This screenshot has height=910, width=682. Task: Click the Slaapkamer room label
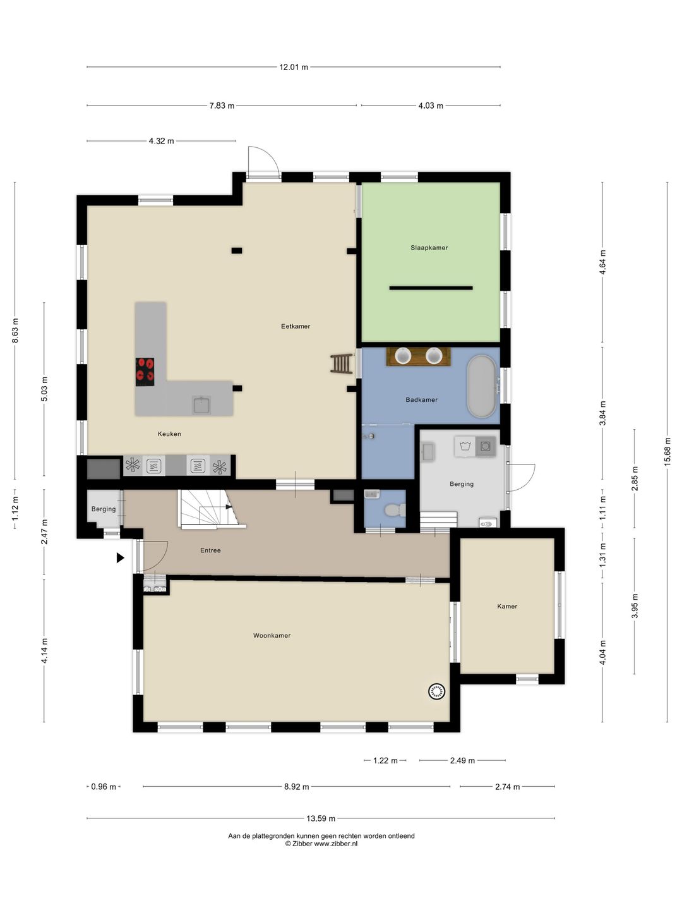(x=429, y=248)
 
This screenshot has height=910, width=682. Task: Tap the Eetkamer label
(x=296, y=326)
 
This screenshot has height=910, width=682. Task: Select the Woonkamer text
(x=272, y=636)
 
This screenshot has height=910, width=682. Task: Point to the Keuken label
(x=169, y=434)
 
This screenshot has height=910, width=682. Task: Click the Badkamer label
(x=422, y=399)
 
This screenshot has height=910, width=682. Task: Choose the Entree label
(x=210, y=550)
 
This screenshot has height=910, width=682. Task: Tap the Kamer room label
(x=507, y=606)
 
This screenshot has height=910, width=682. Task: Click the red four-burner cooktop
(x=145, y=372)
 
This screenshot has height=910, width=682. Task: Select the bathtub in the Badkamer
(x=482, y=386)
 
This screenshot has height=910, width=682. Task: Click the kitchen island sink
(x=201, y=405)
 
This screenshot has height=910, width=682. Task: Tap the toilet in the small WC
(x=395, y=510)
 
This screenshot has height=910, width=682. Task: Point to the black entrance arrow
(x=120, y=557)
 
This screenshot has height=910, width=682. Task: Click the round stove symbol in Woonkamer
(x=436, y=691)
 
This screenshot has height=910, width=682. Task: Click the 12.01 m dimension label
(x=294, y=67)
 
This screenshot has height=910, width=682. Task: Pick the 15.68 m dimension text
(x=667, y=452)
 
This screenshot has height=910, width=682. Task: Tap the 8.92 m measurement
(x=297, y=787)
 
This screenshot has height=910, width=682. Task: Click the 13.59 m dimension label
(x=321, y=819)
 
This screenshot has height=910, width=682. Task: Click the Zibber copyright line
(x=321, y=844)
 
